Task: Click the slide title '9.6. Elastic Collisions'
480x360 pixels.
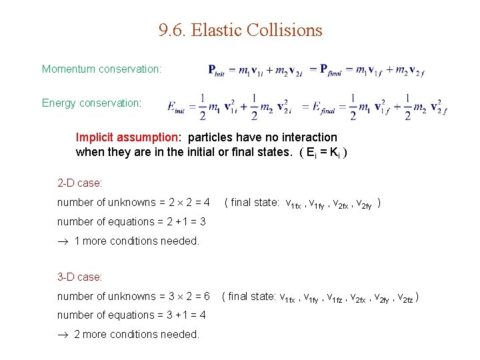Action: [x=240, y=31]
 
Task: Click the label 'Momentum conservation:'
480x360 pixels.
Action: [x=101, y=69]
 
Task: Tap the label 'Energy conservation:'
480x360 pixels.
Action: [x=91, y=103]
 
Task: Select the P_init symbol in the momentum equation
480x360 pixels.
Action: [x=215, y=71]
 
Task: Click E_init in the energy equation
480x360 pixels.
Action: [x=177, y=107]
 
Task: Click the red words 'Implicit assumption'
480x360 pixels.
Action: [x=127, y=137]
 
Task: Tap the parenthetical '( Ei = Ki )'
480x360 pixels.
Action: [x=315, y=152]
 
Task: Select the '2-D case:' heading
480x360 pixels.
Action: [x=79, y=182]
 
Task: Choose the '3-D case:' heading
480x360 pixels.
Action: [x=79, y=276]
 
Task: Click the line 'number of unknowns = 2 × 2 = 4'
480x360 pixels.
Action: [x=133, y=202]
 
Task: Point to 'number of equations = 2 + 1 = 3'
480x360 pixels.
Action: [x=131, y=221]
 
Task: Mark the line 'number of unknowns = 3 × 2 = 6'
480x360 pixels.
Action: [x=133, y=296]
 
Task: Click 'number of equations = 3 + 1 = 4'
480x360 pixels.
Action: [x=131, y=315]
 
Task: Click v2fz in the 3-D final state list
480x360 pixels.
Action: [x=406, y=297]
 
